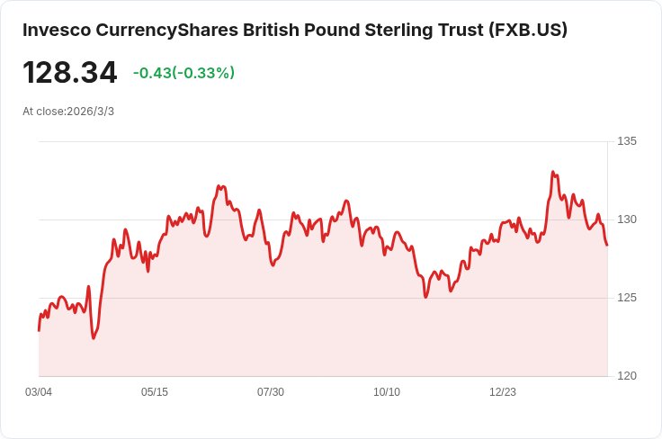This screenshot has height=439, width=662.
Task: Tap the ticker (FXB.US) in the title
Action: tap(528, 30)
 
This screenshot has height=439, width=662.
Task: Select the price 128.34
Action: tap(70, 73)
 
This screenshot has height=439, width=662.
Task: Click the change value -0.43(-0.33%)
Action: tap(183, 73)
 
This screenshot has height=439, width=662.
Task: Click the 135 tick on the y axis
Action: tap(627, 141)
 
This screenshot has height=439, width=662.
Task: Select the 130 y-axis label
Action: tap(627, 219)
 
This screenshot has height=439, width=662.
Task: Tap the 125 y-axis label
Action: tap(627, 298)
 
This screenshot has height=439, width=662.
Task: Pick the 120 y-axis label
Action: tap(627, 376)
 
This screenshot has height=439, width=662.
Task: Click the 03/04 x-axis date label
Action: tap(39, 392)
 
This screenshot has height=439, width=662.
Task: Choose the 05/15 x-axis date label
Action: tap(155, 392)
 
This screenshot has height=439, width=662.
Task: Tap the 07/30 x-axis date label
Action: tap(271, 392)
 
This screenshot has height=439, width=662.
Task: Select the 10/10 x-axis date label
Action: tap(387, 392)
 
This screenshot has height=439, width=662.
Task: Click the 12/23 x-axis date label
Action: tap(503, 392)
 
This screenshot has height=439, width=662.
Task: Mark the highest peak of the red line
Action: tap(553, 172)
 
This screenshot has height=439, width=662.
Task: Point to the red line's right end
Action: tap(607, 245)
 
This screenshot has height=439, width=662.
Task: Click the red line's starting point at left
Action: tap(39, 330)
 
